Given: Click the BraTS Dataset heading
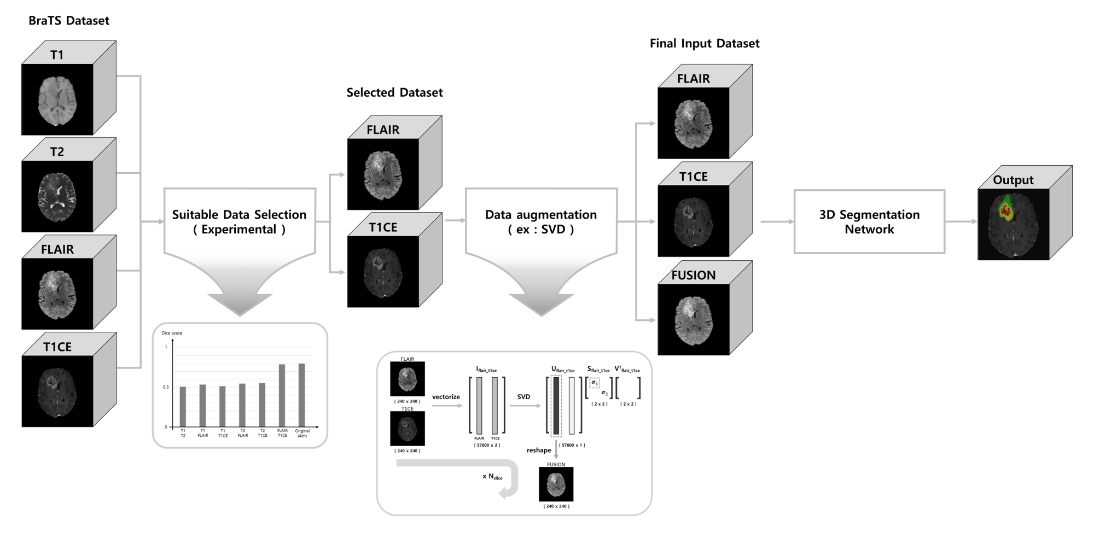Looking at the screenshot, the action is click(x=69, y=21).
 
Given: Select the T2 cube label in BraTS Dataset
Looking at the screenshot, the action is click(x=57, y=152).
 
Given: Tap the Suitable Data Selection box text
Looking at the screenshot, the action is click(x=239, y=222).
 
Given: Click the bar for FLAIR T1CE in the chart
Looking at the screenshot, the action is click(x=282, y=395).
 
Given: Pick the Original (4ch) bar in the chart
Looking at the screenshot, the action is click(x=302, y=395).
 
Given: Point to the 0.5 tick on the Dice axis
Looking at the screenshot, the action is click(x=166, y=387).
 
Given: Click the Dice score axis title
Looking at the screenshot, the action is click(x=172, y=333).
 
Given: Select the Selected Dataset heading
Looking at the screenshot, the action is click(x=394, y=92).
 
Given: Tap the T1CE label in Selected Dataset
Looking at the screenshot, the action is click(x=383, y=227).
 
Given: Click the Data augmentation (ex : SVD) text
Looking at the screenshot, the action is click(x=541, y=222).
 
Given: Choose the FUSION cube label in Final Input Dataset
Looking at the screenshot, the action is click(x=693, y=276).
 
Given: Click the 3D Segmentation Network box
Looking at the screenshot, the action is click(x=869, y=221).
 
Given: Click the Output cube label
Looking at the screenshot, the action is click(x=1013, y=180).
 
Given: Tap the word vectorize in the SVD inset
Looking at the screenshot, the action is click(x=446, y=397).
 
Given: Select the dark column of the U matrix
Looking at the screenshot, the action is click(x=556, y=406).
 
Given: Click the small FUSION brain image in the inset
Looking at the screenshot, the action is click(x=556, y=484).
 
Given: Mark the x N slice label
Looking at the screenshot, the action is click(x=492, y=477).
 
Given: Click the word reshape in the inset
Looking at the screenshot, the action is click(x=539, y=451).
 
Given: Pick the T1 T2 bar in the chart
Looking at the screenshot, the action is click(x=183, y=407).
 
